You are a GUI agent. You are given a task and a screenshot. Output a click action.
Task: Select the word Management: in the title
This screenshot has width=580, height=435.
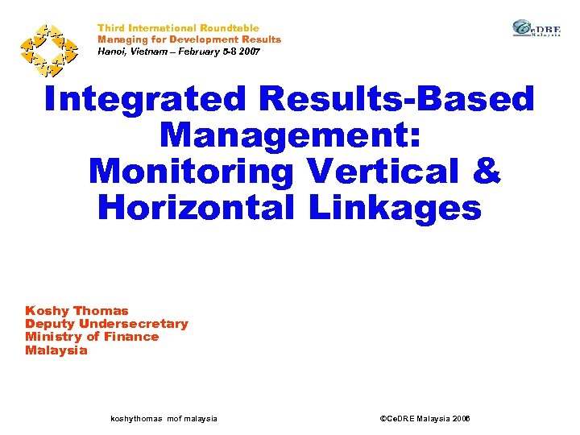291,135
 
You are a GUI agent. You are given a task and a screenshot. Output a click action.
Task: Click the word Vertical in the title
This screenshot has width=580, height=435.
390,172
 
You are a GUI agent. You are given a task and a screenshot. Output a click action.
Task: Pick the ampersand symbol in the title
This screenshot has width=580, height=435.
487,172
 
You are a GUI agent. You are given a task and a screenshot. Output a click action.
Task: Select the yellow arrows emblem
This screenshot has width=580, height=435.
48,48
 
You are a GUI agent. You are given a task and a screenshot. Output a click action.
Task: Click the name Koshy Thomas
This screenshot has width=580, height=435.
77,311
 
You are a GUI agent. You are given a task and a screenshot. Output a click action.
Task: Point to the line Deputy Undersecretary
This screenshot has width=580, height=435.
106,324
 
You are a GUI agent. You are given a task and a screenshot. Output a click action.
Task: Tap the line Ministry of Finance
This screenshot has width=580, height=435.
92,337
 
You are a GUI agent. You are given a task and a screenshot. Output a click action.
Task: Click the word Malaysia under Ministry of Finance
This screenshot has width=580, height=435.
56,350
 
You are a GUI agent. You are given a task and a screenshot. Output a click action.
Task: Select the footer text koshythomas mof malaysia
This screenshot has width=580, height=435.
163,419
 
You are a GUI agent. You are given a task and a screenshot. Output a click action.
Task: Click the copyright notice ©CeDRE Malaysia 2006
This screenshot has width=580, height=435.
424,419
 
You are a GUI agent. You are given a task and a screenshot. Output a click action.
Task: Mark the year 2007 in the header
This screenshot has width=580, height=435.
246,51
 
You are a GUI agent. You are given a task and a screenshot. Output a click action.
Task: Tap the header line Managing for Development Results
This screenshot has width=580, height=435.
189,39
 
